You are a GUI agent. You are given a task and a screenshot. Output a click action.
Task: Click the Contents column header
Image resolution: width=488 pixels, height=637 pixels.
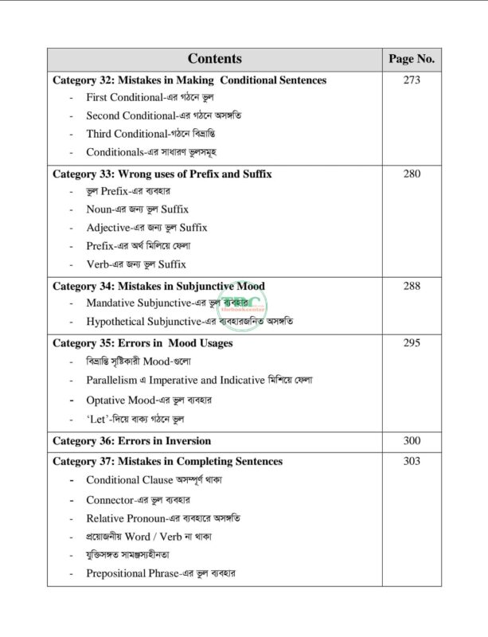(x=215, y=59)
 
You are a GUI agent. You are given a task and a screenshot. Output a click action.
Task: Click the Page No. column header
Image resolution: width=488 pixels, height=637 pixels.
(x=411, y=59)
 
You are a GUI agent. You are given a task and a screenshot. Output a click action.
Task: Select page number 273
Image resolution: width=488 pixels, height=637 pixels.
(x=412, y=80)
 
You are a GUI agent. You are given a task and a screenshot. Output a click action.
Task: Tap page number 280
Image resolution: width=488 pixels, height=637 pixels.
(x=412, y=173)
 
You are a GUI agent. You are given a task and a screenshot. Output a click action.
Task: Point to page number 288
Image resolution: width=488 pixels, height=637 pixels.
(x=412, y=286)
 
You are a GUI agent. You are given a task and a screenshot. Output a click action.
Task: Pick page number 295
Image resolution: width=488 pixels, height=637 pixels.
(x=412, y=343)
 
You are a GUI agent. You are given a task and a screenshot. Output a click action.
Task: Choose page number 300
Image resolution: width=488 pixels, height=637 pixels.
(x=412, y=440)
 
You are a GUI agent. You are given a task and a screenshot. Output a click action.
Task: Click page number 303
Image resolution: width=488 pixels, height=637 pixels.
(x=412, y=461)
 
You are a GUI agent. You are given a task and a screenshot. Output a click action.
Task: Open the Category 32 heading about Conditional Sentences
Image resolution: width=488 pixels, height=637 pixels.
(x=189, y=80)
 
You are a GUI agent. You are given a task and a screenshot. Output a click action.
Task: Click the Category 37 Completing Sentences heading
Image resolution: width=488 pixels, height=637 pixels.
(x=167, y=461)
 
